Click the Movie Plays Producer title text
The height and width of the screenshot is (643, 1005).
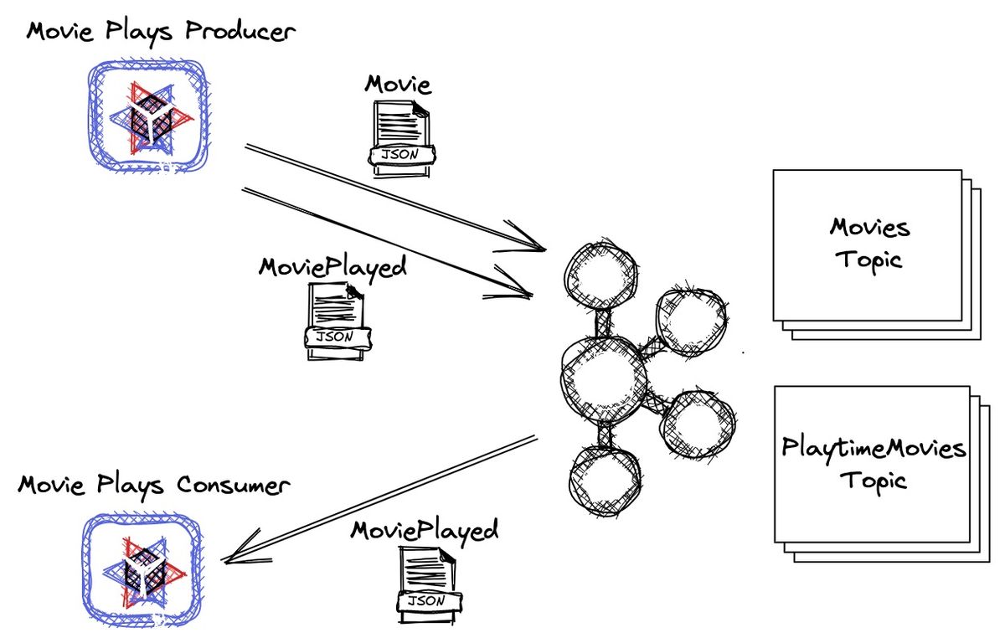(160, 33)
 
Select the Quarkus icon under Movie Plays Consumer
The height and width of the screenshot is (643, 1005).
(142, 571)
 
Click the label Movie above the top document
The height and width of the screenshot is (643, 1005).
(397, 84)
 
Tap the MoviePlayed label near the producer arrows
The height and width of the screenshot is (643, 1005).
(332, 267)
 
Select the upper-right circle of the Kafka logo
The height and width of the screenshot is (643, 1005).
(691, 321)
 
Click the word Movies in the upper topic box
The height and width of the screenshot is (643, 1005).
(868, 227)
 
